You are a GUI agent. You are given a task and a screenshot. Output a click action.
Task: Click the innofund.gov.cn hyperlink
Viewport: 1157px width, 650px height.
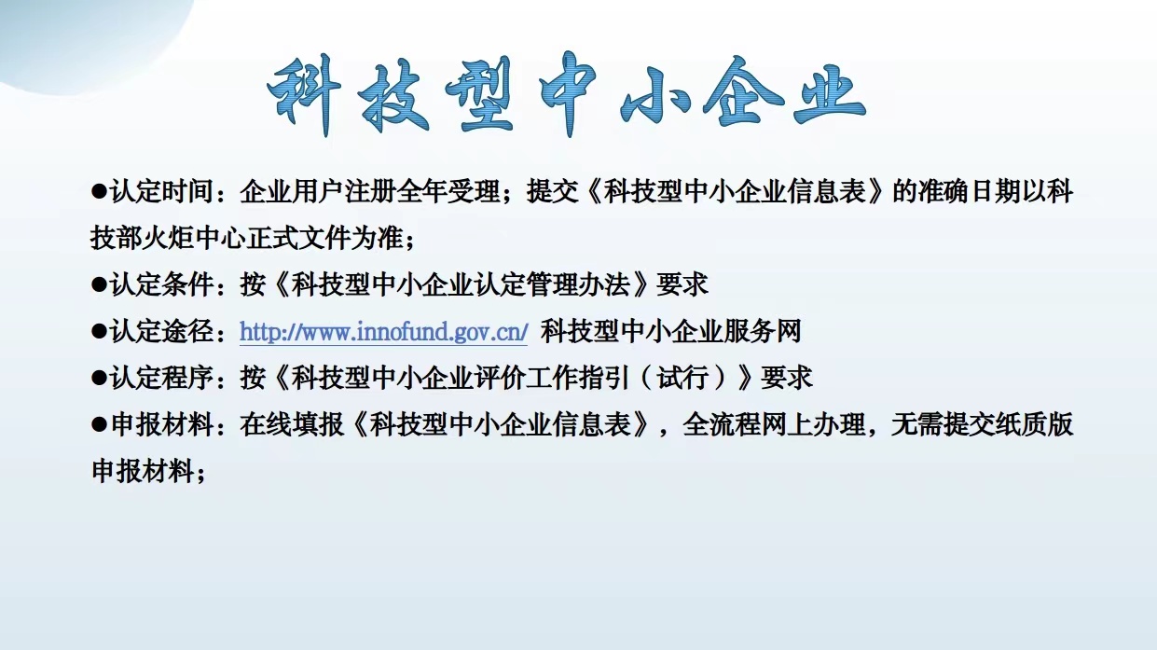(x=384, y=332)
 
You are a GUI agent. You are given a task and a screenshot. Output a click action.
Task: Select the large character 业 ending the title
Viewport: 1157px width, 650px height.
(x=829, y=93)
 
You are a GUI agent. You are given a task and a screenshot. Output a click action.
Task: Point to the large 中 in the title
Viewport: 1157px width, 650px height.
(x=568, y=93)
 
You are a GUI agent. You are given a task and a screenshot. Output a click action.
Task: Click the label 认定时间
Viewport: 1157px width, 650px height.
(x=162, y=192)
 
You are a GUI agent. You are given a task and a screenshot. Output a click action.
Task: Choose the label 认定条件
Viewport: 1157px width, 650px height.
(x=162, y=284)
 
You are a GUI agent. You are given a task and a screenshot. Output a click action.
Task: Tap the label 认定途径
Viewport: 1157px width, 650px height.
(x=162, y=331)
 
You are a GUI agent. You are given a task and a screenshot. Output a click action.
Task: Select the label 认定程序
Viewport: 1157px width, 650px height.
(x=162, y=378)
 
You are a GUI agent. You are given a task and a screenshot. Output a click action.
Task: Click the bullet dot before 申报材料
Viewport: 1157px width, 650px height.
(x=99, y=424)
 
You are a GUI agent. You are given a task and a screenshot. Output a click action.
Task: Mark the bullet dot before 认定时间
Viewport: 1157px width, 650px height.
(x=99, y=192)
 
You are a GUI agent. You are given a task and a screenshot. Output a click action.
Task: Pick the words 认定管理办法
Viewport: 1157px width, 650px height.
(x=552, y=284)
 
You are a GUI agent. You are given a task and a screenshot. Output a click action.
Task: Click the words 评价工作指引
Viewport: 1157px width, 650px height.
(x=552, y=378)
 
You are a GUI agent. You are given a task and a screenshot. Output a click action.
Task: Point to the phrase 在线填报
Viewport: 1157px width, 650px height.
(x=292, y=424)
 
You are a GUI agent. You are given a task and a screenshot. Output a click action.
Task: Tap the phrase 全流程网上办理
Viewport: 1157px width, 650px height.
(x=774, y=424)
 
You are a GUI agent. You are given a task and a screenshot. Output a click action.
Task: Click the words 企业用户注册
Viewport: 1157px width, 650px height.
(x=305, y=192)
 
